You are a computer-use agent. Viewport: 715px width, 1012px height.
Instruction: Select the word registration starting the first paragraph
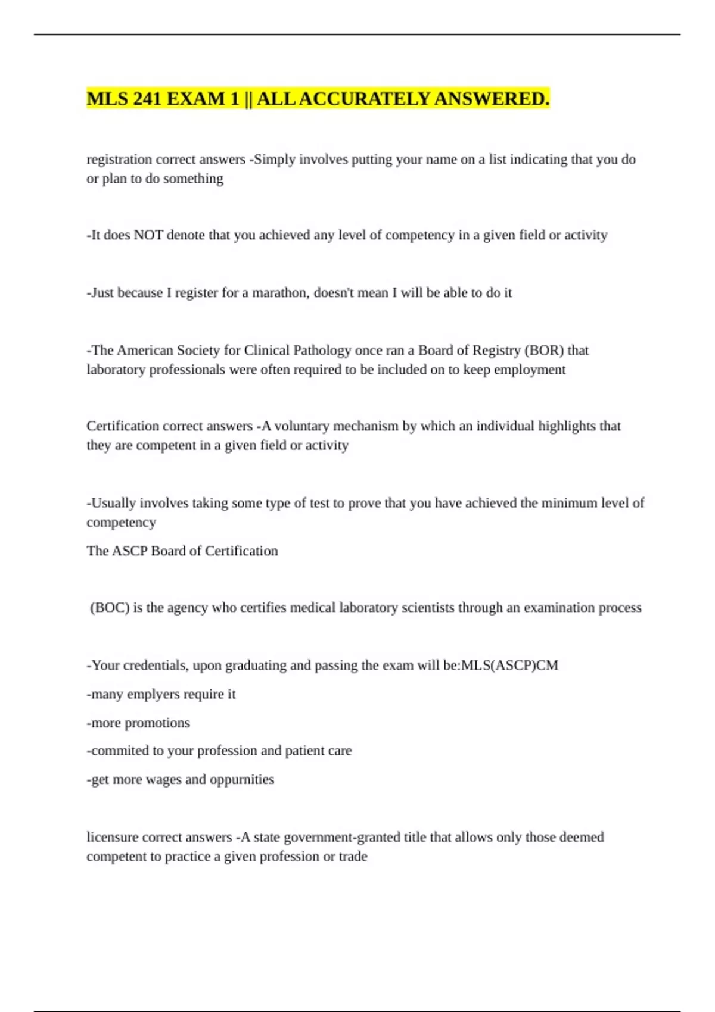(119, 160)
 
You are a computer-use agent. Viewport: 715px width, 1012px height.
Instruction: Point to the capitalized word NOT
(148, 235)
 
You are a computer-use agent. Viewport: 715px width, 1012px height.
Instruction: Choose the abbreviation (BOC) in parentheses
(110, 608)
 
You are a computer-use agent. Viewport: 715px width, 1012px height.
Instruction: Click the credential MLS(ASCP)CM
(509, 666)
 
